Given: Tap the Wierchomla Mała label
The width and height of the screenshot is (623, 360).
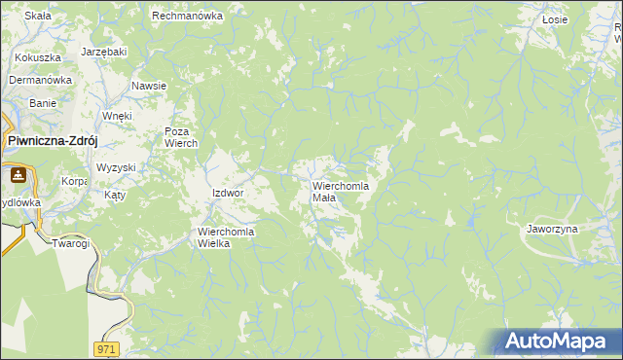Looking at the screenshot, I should tap(340, 191).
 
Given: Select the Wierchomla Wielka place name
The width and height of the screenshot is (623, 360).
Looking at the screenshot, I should tap(226, 237).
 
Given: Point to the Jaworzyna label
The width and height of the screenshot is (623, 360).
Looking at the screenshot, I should tap(552, 229).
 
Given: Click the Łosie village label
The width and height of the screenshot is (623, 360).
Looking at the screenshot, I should tap(555, 19).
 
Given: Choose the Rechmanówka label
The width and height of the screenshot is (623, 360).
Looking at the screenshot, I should tap(188, 17).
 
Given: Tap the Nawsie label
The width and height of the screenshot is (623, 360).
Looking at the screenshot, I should tap(149, 86).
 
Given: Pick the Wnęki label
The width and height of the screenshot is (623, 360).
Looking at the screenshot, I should tap(117, 115).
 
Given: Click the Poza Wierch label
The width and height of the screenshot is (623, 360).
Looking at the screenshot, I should tap(181, 137).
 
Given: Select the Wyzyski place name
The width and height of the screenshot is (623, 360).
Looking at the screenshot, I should tap(116, 167).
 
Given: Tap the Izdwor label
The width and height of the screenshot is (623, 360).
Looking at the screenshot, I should tap(227, 193).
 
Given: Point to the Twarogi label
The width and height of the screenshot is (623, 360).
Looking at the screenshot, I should tap(71, 243).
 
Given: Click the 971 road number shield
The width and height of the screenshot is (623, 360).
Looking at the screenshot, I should tap(108, 348).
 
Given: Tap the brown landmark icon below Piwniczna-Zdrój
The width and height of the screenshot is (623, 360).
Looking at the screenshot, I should tap(18, 176).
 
